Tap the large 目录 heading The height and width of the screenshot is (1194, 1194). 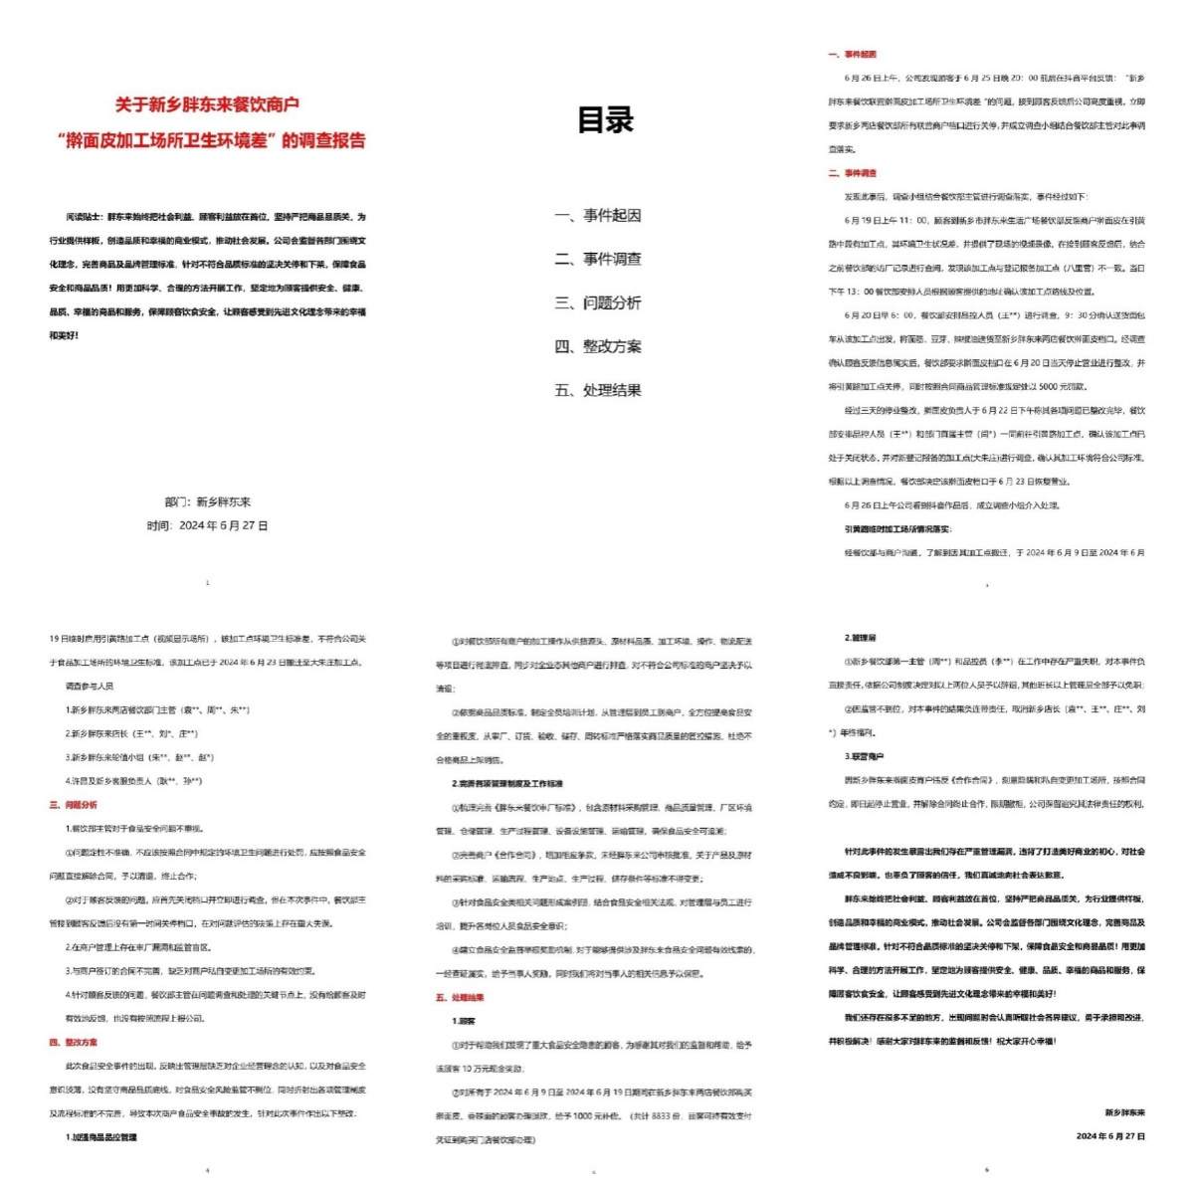[x=605, y=120]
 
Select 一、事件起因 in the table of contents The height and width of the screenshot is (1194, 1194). [x=598, y=215]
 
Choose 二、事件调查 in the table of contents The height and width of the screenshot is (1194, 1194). [x=598, y=259]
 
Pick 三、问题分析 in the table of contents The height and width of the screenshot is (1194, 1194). [x=598, y=302]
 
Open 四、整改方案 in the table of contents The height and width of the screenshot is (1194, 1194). [x=598, y=346]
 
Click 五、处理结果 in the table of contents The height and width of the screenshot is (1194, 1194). [x=598, y=390]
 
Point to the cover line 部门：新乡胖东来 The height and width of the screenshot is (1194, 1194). [x=207, y=501]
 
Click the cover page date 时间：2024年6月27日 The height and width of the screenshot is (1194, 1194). [x=207, y=525]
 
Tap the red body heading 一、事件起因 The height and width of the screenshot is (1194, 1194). [x=853, y=55]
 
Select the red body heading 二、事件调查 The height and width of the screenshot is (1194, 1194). [x=853, y=173]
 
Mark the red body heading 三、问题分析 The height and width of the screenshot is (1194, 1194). [x=74, y=805]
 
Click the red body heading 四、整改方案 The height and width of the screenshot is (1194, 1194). [x=74, y=1043]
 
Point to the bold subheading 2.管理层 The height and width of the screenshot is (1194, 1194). [x=861, y=638]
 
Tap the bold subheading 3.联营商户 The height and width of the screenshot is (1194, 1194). [x=864, y=756]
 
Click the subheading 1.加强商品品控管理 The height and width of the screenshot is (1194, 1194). [x=101, y=1136]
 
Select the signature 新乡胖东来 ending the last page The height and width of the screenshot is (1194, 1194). [x=1124, y=1112]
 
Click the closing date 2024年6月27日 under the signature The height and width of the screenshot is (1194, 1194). [x=1110, y=1135]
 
